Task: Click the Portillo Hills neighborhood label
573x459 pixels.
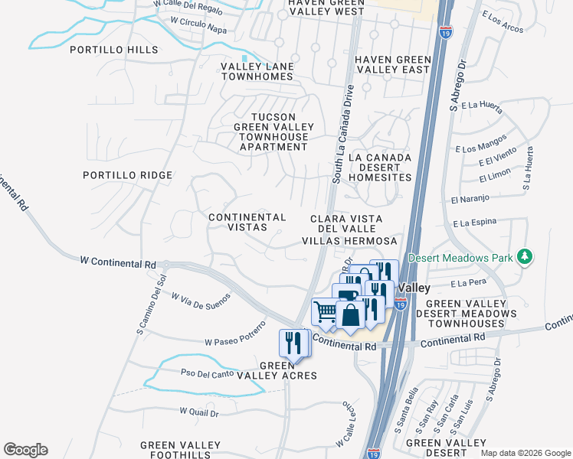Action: click(x=113, y=50)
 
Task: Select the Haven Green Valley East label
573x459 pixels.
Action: click(x=391, y=64)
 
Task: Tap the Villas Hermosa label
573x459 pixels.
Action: click(x=349, y=240)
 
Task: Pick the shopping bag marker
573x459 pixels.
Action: click(x=349, y=315)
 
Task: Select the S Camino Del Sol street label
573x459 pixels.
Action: click(x=150, y=304)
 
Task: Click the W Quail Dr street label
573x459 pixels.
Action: click(x=199, y=412)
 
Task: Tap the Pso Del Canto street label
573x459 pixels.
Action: click(x=206, y=374)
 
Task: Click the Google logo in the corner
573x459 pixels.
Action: click(x=25, y=450)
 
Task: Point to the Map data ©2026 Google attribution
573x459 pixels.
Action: click(x=525, y=453)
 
